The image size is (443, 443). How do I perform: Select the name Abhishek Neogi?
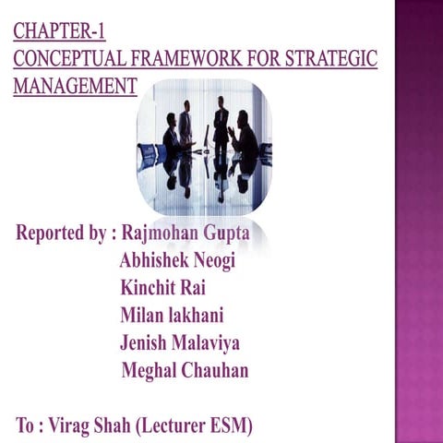pos(178,260)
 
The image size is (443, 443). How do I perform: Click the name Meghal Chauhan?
pos(186,371)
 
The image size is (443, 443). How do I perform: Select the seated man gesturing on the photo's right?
pos(245,137)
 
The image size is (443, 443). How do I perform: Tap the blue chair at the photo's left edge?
pos(147,155)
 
